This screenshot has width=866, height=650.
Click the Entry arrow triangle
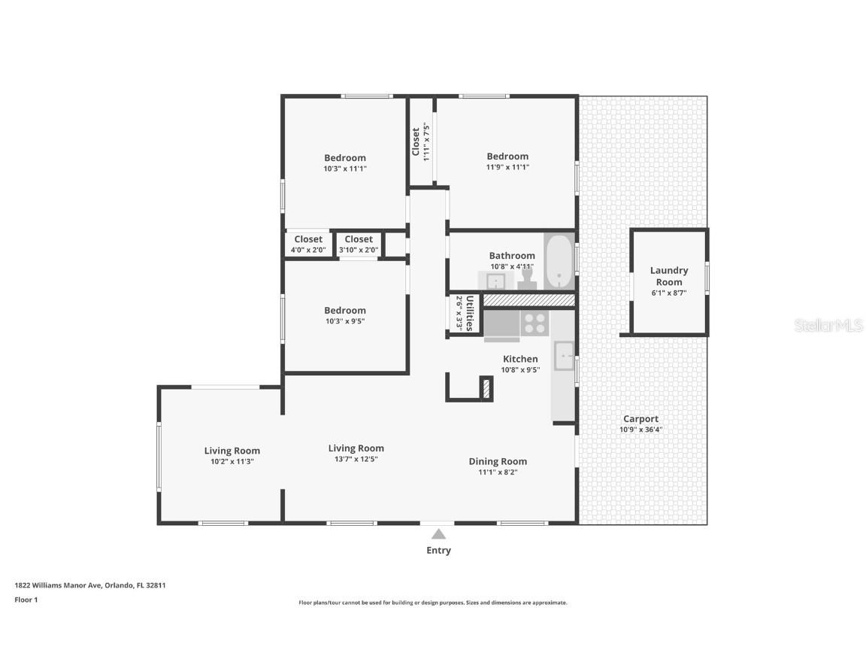[x=438, y=534]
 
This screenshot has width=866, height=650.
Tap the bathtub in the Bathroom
[x=559, y=262]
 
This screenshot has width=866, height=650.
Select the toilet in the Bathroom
[x=527, y=278]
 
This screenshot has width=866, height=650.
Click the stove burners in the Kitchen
[x=534, y=323]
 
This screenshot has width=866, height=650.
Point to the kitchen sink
[x=564, y=355]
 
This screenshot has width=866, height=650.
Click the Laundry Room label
[x=669, y=276]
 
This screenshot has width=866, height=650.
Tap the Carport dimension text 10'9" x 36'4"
[x=640, y=430]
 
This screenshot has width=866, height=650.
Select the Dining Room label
[x=498, y=461]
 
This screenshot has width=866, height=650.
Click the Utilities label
[x=470, y=314]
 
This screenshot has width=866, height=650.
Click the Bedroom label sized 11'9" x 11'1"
[x=507, y=156]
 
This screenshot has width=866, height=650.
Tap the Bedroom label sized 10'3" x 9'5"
[x=344, y=311]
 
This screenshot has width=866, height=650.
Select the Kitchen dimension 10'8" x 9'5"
[x=520, y=370]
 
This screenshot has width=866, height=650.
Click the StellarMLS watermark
[x=828, y=326]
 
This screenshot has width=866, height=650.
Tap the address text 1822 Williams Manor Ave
[x=57, y=585]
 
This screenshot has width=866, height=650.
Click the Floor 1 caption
[x=26, y=600]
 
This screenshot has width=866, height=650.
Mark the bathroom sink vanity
[x=495, y=281]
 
